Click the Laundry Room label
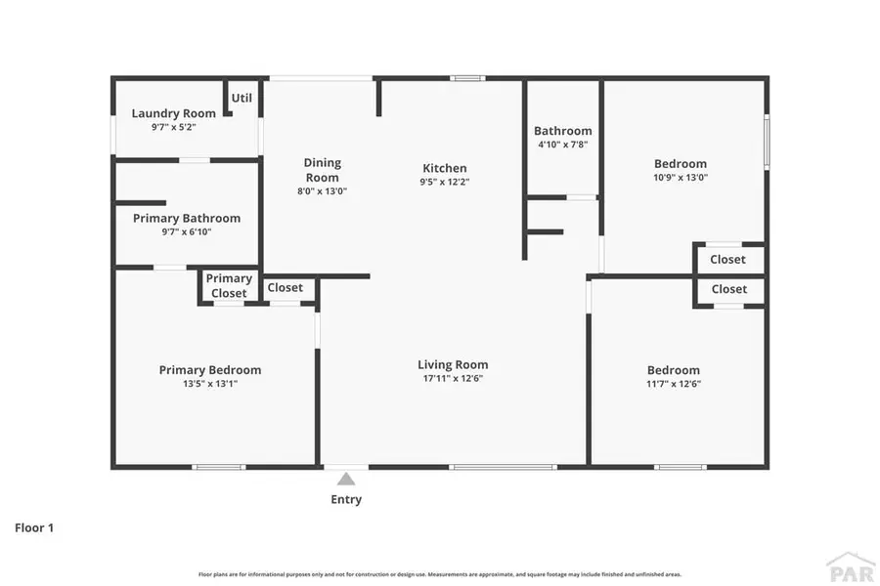[174, 113]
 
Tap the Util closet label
[242, 98]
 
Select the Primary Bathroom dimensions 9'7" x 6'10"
[186, 231]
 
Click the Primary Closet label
[229, 285]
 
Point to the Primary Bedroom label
[210, 370]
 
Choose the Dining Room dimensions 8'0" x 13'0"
[322, 191]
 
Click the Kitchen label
[445, 168]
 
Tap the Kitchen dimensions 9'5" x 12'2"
[445, 182]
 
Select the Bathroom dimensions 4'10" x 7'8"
[562, 145]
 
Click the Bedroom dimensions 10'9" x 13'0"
[681, 178]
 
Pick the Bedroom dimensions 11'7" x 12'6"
[674, 384]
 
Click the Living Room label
[453, 365]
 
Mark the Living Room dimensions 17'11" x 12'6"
[453, 379]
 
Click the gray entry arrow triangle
[346, 479]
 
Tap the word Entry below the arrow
[346, 499]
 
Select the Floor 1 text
[34, 528]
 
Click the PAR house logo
[850, 565]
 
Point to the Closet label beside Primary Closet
[286, 287]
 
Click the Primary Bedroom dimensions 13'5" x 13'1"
[210, 384]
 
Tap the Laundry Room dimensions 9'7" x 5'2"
[174, 127]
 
